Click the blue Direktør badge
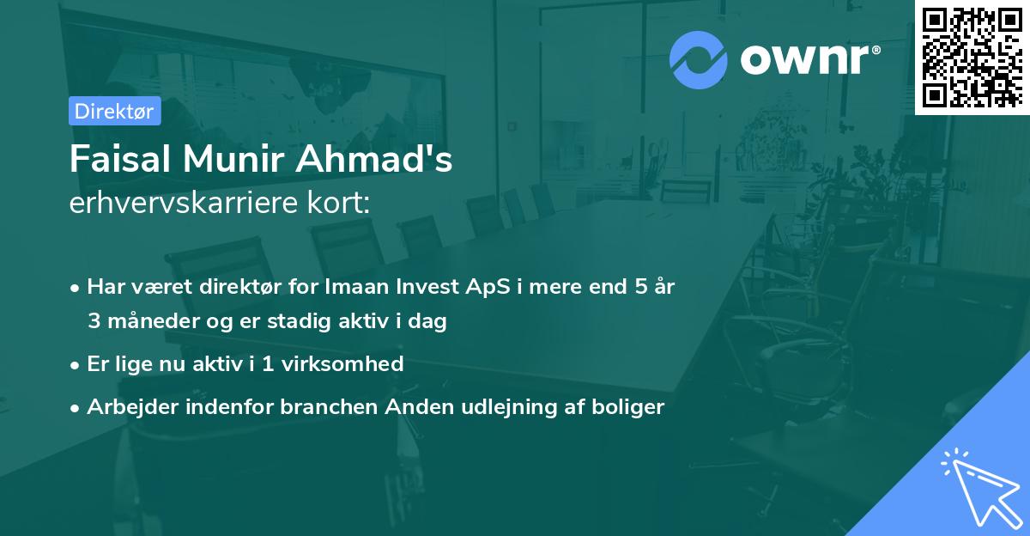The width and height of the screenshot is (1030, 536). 114,111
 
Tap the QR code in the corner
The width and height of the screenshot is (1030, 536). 972,57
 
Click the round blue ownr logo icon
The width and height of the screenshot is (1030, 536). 699,59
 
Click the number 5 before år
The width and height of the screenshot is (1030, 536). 640,287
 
